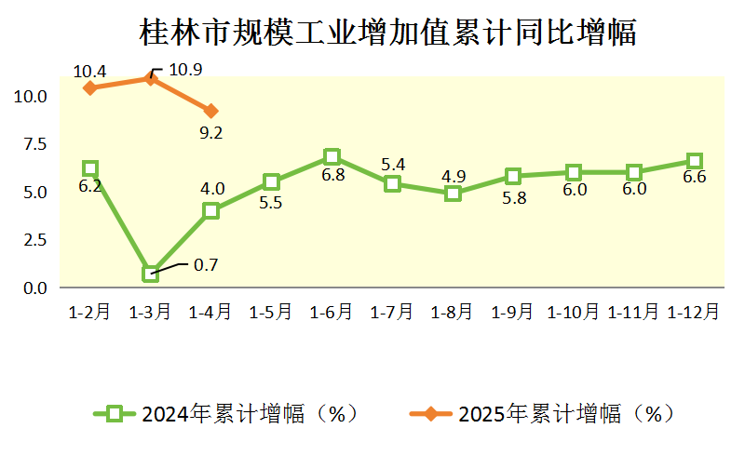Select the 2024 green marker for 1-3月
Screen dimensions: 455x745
(151, 274)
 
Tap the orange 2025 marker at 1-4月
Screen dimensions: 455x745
(211, 111)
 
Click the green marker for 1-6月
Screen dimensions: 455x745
(332, 156)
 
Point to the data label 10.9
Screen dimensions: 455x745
(185, 69)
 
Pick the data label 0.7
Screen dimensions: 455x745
(205, 265)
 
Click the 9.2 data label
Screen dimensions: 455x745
(211, 133)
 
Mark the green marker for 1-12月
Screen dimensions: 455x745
(694, 161)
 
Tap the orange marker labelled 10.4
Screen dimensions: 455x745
(90, 87)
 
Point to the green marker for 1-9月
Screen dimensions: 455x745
(513, 176)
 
